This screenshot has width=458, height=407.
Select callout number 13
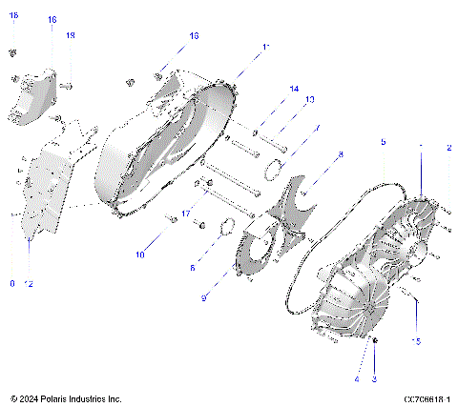309,100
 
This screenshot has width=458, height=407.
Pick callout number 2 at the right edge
448,148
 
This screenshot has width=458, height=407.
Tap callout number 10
139,254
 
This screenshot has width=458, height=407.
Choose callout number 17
187,212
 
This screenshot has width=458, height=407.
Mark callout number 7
317,129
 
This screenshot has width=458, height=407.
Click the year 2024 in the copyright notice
31,398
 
